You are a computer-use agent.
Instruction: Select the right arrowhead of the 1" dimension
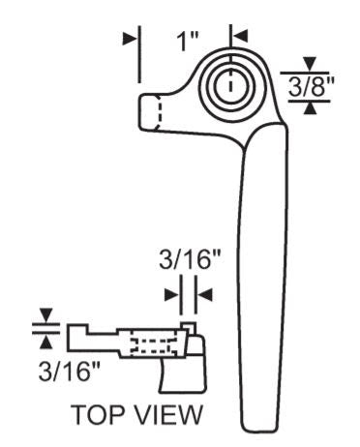coord(240,36)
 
